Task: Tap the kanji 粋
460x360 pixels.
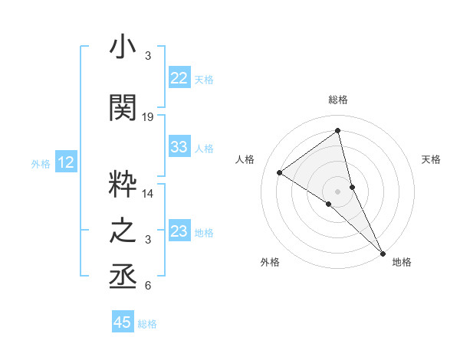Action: [x=123, y=184]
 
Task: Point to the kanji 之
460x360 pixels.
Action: [x=123, y=231]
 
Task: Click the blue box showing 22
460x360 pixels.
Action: [x=179, y=78]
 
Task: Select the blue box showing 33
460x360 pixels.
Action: [x=179, y=147]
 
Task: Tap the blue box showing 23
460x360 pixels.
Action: [x=179, y=231]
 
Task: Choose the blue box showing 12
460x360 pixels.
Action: [x=66, y=162]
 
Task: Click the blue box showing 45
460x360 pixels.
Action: [x=123, y=322]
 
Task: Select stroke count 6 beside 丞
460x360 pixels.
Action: [x=148, y=286]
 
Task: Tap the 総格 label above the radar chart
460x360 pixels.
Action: [x=338, y=100]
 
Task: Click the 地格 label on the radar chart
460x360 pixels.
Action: [x=402, y=262]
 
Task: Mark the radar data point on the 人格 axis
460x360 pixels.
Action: [x=280, y=172]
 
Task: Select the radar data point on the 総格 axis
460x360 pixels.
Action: [x=338, y=130]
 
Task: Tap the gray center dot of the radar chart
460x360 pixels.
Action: [x=338, y=191]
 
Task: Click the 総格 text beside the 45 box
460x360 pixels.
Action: [x=147, y=324]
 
